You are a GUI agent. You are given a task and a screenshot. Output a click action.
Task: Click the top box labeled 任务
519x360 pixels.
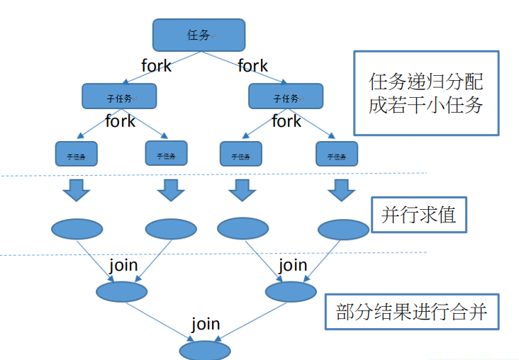[x=199, y=35]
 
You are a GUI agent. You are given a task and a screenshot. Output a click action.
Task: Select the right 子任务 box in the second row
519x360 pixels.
[x=285, y=97]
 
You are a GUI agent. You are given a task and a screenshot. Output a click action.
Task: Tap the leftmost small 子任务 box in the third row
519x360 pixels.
[x=76, y=154]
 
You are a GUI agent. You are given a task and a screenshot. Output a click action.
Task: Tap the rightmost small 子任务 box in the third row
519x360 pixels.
[x=336, y=154]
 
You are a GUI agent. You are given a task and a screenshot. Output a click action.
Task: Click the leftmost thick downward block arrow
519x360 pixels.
[x=76, y=190]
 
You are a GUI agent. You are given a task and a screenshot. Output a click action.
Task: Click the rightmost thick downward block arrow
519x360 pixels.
[x=341, y=189]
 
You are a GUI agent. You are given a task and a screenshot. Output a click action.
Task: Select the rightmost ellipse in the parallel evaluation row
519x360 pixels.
[x=343, y=229]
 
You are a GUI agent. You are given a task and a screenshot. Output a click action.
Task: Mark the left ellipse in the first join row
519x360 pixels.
[x=121, y=291]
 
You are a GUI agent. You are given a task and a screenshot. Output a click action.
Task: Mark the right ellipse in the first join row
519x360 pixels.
[x=290, y=291]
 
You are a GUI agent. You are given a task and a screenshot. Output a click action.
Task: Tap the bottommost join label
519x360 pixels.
[x=206, y=325]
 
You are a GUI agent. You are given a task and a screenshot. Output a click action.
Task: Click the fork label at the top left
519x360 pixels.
[x=156, y=66]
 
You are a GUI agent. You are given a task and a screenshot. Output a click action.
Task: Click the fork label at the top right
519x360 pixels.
[x=252, y=66]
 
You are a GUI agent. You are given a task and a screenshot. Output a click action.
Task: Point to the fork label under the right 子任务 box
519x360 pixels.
[x=286, y=121]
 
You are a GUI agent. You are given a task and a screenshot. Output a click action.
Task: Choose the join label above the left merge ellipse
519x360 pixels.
[x=123, y=266]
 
